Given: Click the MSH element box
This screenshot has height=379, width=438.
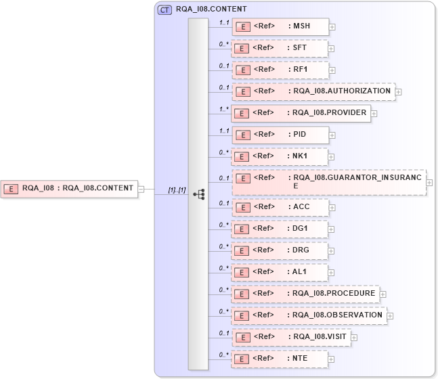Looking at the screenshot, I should [280, 27].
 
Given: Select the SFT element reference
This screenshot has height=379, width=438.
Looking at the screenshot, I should [280, 49].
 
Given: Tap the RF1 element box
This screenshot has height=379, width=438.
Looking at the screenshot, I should [280, 70].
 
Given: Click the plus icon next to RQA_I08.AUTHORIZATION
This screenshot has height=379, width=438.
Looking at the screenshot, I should [399, 91].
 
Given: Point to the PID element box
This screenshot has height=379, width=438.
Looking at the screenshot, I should [280, 135].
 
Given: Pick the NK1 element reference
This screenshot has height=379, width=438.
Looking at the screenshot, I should [280, 156].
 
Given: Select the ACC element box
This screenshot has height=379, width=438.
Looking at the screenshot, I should [280, 206].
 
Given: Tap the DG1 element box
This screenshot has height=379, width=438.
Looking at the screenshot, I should [280, 228].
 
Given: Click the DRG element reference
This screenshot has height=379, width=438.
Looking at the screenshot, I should [280, 250].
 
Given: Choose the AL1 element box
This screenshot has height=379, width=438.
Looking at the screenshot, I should [280, 272].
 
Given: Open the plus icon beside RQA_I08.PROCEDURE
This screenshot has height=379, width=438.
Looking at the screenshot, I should [383, 294].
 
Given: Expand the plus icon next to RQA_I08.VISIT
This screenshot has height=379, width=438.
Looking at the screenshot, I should [354, 337].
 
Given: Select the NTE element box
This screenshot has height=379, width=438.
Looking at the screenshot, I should [280, 358].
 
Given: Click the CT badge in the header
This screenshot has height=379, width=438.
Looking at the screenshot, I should [165, 10].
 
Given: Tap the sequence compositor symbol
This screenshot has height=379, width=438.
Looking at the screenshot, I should [199, 194].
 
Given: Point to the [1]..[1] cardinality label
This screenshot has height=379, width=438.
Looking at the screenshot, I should [177, 190].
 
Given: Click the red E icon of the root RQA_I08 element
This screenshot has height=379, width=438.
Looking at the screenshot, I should [11, 189].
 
